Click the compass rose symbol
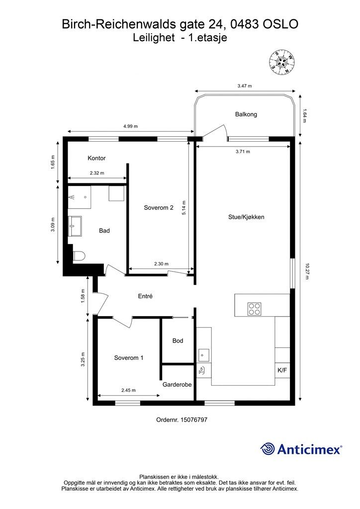[282, 62]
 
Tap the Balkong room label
[246, 114]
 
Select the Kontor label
[96, 158]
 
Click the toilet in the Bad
[79, 256]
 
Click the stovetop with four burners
[254, 309]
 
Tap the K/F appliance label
[282, 370]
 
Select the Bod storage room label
[178, 340]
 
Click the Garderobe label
[177, 384]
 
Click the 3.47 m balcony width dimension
[245, 86]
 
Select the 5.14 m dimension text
[184, 208]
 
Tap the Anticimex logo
[301, 449]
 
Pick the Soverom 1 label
[129, 358]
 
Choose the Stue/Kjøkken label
[246, 217]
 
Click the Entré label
[145, 296]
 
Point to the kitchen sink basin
[204, 354]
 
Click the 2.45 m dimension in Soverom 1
[129, 390]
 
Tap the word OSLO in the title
[280, 24]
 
